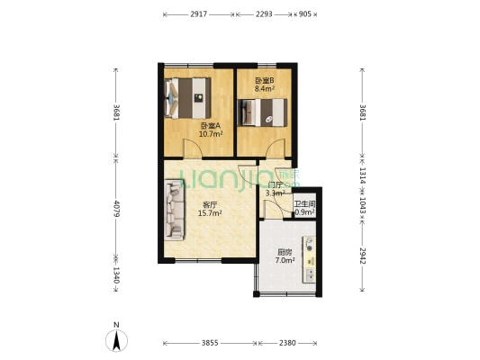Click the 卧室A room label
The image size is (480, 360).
(210, 126)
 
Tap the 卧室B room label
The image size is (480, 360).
(264, 81)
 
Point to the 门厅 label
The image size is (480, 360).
(275, 184)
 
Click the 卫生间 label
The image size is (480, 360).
(304, 204)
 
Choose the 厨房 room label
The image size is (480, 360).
(285, 252)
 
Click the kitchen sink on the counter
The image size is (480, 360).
(310, 245)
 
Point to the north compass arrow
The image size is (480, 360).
(116, 339)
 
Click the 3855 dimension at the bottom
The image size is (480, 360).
(209, 343)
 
